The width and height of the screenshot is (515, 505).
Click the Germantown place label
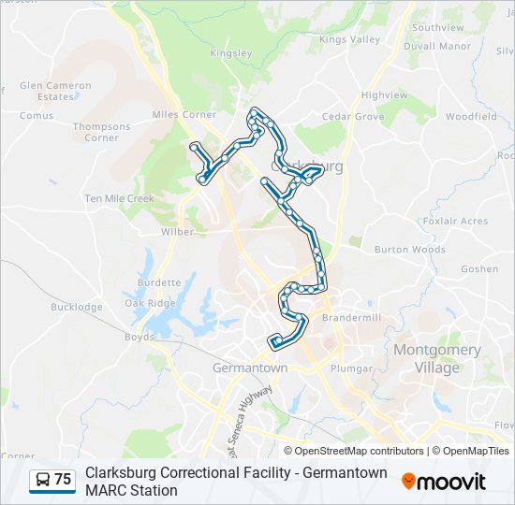(250, 368)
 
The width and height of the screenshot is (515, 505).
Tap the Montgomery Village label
(437, 358)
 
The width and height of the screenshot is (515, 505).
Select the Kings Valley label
(350, 39)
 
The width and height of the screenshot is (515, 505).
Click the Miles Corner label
(184, 115)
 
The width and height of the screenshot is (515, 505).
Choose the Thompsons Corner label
(102, 132)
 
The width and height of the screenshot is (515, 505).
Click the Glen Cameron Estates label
(56, 91)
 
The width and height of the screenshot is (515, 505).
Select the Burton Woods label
(410, 250)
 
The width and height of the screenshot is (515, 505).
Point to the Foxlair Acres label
(455, 221)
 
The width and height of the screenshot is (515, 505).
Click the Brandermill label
(352, 318)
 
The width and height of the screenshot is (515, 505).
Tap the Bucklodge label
(77, 307)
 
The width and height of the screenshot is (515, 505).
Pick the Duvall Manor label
(437, 46)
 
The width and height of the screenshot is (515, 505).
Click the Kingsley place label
(232, 53)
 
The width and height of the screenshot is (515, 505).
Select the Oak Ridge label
(150, 303)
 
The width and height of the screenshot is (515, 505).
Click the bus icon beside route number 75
(42, 480)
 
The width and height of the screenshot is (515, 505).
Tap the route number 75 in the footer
(63, 480)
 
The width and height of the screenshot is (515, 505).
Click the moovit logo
(444, 481)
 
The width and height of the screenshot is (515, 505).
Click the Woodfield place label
(471, 117)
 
